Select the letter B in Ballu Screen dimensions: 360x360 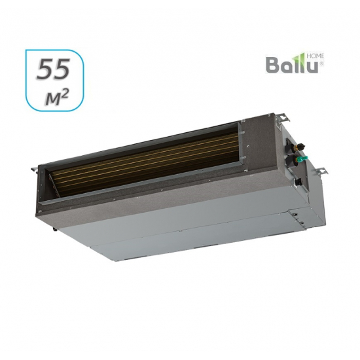[x=271, y=66]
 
